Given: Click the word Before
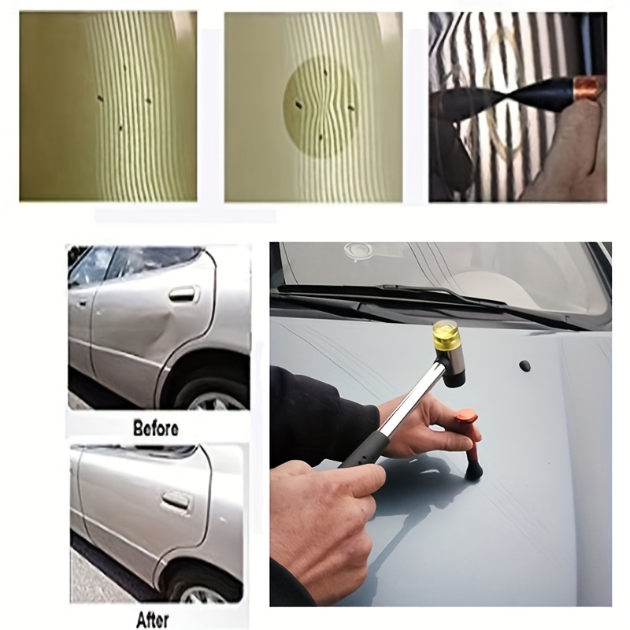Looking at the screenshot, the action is click(x=155, y=428).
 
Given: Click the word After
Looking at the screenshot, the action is click(x=152, y=619).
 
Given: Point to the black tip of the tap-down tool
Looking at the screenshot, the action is click(x=473, y=469).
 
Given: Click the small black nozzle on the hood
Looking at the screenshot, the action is click(x=524, y=365).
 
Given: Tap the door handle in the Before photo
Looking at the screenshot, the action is click(x=184, y=294).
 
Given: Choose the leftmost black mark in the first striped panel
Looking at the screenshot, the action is click(x=100, y=98).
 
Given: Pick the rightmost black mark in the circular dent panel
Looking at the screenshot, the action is click(x=351, y=107).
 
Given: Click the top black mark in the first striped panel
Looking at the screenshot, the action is click(x=124, y=68).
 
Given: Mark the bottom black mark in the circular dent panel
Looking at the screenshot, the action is click(x=321, y=138).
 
